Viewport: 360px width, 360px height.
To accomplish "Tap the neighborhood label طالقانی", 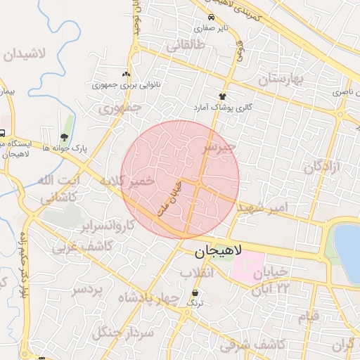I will [x=186, y=47].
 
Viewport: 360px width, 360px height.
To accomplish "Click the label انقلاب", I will [x=197, y=272].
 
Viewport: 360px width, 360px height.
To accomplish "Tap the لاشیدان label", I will [x=28, y=55].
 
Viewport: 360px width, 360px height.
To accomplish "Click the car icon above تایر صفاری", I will [x=211, y=18].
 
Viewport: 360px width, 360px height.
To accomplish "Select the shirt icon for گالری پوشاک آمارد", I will [x=223, y=96].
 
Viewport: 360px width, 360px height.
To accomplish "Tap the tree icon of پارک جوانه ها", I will [x=64, y=138].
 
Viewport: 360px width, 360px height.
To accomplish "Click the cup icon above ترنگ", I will [x=195, y=292].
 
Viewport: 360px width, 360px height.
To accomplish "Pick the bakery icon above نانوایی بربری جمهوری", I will [x=126, y=74].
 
